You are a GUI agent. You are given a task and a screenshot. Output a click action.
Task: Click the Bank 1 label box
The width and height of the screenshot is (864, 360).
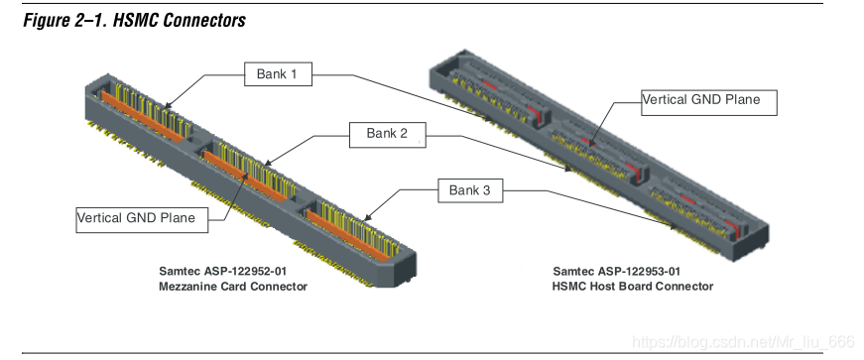[x=279, y=73]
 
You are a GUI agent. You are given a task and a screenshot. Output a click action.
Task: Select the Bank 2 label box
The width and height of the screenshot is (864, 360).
[x=388, y=135]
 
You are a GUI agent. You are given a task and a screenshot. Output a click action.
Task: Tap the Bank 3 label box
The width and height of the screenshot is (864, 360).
[x=470, y=190]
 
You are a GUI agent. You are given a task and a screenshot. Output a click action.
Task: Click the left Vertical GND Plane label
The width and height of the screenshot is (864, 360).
[x=142, y=219]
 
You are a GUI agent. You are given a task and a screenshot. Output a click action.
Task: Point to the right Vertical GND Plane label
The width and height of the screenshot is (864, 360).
[x=709, y=102]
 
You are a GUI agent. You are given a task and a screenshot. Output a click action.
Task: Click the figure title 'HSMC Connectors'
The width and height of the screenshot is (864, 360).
[x=180, y=21]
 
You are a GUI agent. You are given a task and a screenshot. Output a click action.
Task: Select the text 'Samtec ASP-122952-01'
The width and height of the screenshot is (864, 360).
[x=223, y=272]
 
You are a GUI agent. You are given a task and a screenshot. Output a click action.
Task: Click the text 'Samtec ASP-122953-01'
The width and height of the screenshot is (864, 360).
[x=617, y=272]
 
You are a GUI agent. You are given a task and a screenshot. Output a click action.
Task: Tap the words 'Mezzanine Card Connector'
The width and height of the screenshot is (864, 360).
[x=233, y=287]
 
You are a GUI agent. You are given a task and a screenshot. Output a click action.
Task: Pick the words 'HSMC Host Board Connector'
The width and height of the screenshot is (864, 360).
[x=633, y=287]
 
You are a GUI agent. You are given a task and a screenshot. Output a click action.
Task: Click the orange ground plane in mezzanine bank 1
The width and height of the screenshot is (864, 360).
[x=141, y=117]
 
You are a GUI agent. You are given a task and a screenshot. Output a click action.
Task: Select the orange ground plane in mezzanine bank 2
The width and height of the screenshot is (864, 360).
[x=246, y=176]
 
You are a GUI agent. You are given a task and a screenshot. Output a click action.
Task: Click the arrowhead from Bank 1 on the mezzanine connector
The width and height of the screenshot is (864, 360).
[x=168, y=105]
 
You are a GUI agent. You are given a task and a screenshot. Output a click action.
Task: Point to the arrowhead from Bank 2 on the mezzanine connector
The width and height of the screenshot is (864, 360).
[x=268, y=164]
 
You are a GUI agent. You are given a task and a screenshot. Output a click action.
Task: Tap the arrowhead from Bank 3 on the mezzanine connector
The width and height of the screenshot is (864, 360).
[x=367, y=218]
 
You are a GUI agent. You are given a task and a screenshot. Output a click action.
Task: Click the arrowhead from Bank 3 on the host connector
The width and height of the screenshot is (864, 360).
[x=673, y=225]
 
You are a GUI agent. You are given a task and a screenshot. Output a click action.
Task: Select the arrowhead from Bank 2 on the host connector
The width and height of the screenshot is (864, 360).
[x=568, y=169]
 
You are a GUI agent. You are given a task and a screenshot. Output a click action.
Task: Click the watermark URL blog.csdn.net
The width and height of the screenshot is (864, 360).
[x=743, y=342]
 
